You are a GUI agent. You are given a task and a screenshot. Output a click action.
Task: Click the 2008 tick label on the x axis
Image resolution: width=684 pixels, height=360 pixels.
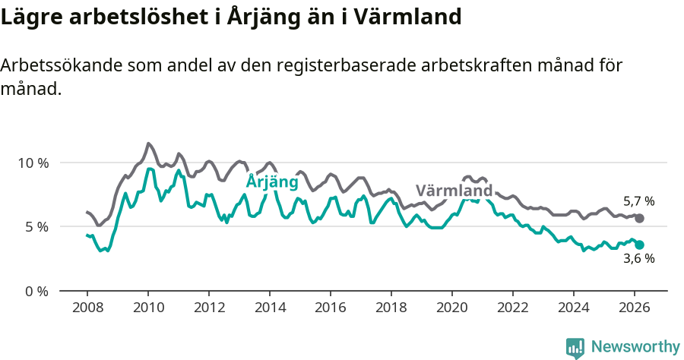(87, 308)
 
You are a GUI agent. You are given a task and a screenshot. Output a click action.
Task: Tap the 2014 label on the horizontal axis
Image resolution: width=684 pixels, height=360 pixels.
(269, 308)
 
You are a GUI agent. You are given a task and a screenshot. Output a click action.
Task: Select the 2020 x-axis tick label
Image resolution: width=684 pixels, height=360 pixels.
(452, 308)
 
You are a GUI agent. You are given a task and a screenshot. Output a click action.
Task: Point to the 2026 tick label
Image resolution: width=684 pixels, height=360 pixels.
(635, 308)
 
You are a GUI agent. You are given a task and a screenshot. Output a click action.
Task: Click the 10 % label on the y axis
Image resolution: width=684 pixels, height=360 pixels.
(33, 163)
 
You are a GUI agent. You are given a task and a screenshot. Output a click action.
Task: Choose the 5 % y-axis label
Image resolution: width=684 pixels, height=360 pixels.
(36, 226)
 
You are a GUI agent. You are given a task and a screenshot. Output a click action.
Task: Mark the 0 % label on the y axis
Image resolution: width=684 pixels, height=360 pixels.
(36, 291)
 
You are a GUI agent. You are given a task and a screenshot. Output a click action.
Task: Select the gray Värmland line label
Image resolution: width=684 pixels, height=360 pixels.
(454, 190)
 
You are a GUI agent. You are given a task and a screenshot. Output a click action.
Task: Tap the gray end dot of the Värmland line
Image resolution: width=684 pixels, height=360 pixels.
(639, 218)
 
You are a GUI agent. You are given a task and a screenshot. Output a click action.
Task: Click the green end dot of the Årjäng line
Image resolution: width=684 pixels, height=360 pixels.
(639, 245)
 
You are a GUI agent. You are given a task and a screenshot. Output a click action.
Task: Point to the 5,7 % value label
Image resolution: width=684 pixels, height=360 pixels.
(638, 201)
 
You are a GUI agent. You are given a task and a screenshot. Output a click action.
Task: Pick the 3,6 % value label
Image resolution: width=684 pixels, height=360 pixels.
(638, 258)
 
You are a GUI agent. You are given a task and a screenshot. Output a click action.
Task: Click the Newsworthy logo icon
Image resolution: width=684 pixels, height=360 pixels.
(575, 347)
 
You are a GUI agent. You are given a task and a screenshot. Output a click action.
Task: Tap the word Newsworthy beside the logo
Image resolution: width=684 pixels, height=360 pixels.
(635, 347)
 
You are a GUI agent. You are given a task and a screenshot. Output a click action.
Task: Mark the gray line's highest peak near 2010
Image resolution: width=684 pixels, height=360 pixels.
(148, 144)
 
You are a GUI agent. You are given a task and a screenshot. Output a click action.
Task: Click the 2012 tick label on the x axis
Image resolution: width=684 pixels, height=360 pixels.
(208, 308)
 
